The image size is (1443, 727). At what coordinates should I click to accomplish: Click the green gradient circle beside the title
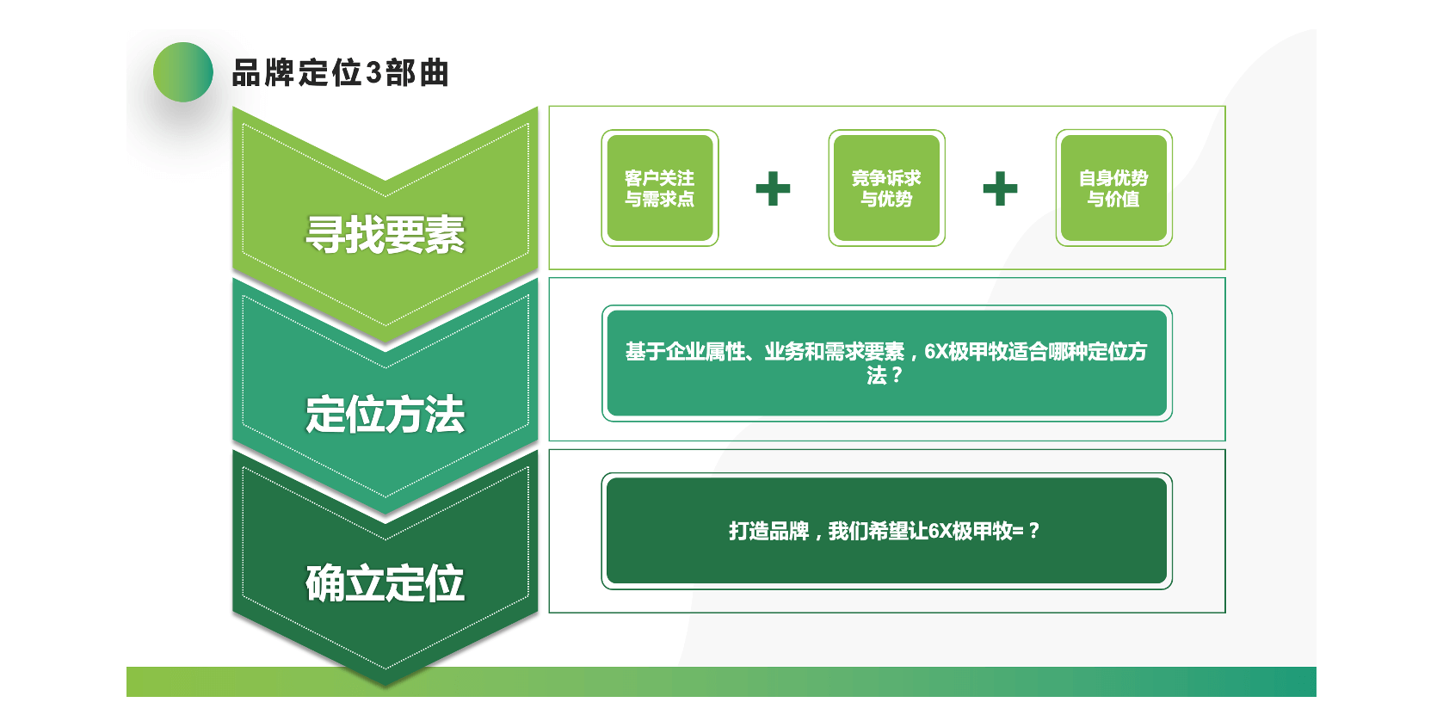coord(183,72)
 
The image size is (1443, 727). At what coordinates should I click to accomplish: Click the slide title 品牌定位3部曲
coord(340,73)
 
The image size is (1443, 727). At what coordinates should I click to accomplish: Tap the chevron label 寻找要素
coord(385,235)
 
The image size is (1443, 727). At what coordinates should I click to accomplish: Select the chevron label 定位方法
coord(385,414)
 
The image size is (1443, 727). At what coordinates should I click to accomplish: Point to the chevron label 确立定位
coord(385,583)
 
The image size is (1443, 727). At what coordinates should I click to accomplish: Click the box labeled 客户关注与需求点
coord(660,188)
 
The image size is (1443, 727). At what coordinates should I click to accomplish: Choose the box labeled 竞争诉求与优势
coord(886,188)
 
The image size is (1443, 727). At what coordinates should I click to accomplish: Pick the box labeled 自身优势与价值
coord(1113,188)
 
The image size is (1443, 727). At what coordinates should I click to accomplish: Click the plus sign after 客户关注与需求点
coord(773,188)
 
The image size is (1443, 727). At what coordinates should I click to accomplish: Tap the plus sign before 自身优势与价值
coord(1000,188)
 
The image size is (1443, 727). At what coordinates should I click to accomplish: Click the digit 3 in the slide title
coord(373,73)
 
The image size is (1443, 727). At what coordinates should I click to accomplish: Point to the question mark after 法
coord(896,375)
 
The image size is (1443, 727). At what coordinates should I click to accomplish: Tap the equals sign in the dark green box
coord(1018,531)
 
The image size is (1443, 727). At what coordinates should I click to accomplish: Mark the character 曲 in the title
coord(435,73)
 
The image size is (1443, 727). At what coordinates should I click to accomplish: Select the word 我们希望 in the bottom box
coord(867,531)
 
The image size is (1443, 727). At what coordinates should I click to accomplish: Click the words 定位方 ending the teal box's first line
coord(1118,352)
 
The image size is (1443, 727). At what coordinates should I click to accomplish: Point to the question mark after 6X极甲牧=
coord(1034,531)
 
